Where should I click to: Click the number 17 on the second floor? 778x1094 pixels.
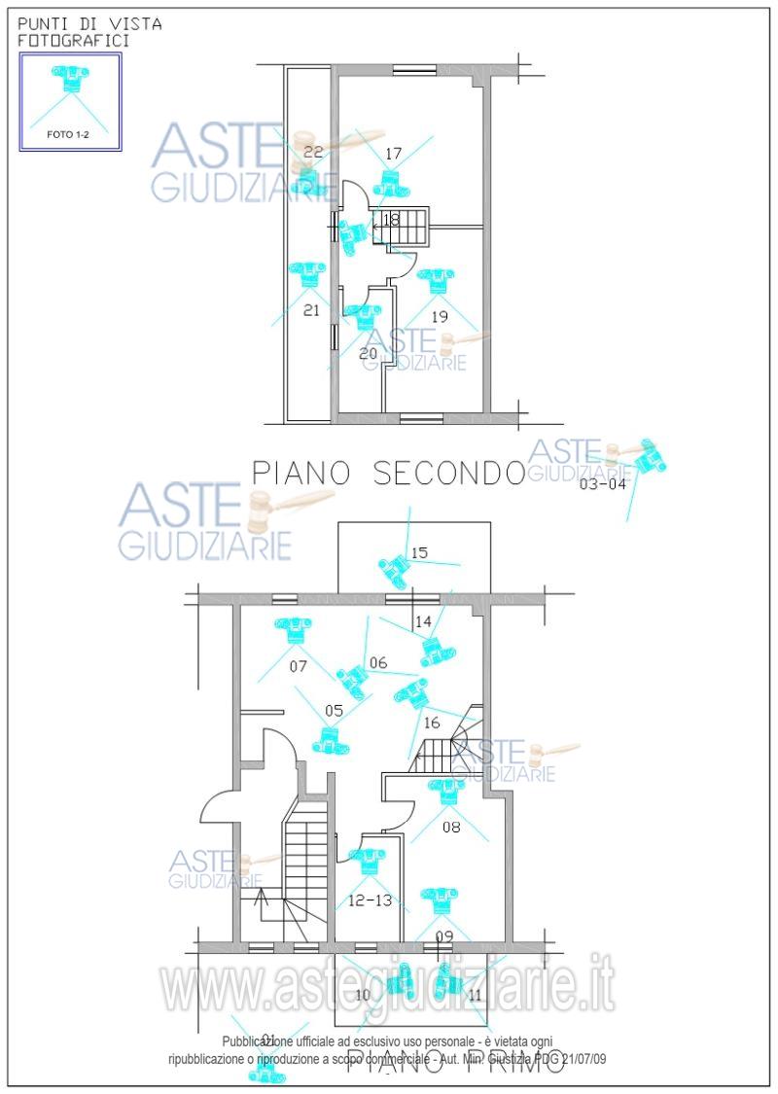click(x=393, y=154)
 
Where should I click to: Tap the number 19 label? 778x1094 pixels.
click(x=439, y=316)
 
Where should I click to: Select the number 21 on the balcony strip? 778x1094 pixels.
click(x=311, y=311)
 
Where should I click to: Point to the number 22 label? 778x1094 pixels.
click(x=313, y=152)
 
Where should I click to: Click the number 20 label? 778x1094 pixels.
click(x=368, y=354)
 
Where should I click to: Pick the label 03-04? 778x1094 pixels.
click(x=603, y=483)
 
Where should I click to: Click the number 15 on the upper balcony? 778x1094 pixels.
click(x=419, y=553)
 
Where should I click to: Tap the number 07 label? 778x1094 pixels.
click(x=299, y=667)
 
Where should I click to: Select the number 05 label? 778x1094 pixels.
click(x=334, y=711)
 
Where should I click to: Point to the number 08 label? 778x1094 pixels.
click(x=450, y=828)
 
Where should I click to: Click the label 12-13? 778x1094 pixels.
click(x=370, y=901)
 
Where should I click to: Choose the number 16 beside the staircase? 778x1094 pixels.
click(x=432, y=723)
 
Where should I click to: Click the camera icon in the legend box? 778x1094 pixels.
click(x=70, y=78)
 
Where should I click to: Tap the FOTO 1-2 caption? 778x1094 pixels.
click(x=70, y=135)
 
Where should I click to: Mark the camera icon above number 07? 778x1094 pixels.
click(x=293, y=631)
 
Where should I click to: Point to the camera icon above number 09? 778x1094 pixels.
click(x=440, y=900)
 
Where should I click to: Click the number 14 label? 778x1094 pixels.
click(x=423, y=621)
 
